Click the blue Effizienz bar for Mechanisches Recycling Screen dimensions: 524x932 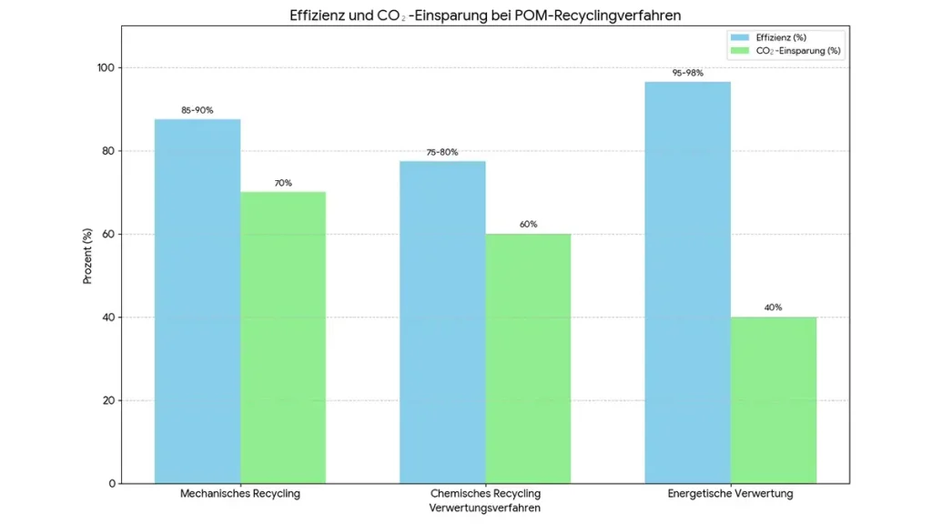point(198,300)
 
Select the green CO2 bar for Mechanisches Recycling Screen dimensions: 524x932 point(283,337)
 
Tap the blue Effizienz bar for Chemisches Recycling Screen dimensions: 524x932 point(442,322)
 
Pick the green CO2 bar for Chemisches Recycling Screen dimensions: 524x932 point(528,358)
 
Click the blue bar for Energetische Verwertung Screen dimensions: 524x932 point(687,282)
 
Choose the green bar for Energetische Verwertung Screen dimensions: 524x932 point(773,400)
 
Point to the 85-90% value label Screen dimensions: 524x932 point(198,110)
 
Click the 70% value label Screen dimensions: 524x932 point(283,183)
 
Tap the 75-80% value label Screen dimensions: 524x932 point(442,152)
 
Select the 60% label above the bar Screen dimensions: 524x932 point(528,225)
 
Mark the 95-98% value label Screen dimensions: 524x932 point(687,73)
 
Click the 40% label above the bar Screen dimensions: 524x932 point(773,307)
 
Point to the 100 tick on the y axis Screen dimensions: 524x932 point(106,68)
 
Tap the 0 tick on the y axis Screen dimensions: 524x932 point(112,483)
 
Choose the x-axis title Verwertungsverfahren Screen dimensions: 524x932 point(485,509)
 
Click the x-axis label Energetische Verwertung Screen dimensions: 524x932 point(730,494)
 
